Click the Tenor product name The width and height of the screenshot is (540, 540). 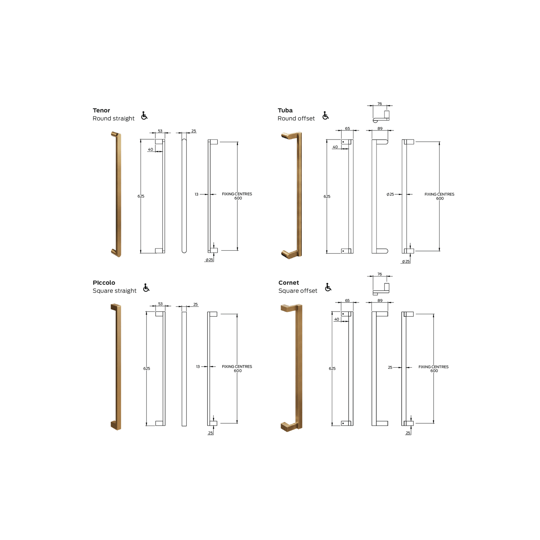tap(101, 111)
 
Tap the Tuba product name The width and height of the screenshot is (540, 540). tap(285, 111)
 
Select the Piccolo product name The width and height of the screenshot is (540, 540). tap(104, 283)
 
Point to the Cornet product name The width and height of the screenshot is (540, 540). tap(289, 283)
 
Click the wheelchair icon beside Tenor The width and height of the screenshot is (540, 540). tap(144, 115)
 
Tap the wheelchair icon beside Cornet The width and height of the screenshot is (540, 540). tap(328, 287)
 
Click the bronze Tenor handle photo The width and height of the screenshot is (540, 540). tap(117, 194)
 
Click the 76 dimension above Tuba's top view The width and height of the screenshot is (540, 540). tap(380, 104)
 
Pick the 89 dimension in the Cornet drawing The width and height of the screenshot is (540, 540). tap(380, 301)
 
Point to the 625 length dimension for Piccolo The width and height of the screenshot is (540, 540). tap(147, 369)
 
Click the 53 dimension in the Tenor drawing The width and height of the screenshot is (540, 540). tap(160, 131)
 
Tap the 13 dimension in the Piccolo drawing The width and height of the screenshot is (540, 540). tap(198, 367)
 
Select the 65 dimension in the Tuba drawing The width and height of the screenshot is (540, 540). tap(347, 129)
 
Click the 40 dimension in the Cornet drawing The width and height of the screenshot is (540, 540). tap(337, 319)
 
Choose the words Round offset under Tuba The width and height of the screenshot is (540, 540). tap(296, 119)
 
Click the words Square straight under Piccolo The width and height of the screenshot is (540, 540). tap(114, 291)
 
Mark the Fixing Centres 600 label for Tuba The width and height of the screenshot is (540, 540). tap(439, 196)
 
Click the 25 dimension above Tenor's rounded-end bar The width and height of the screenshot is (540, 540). tap(194, 131)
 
